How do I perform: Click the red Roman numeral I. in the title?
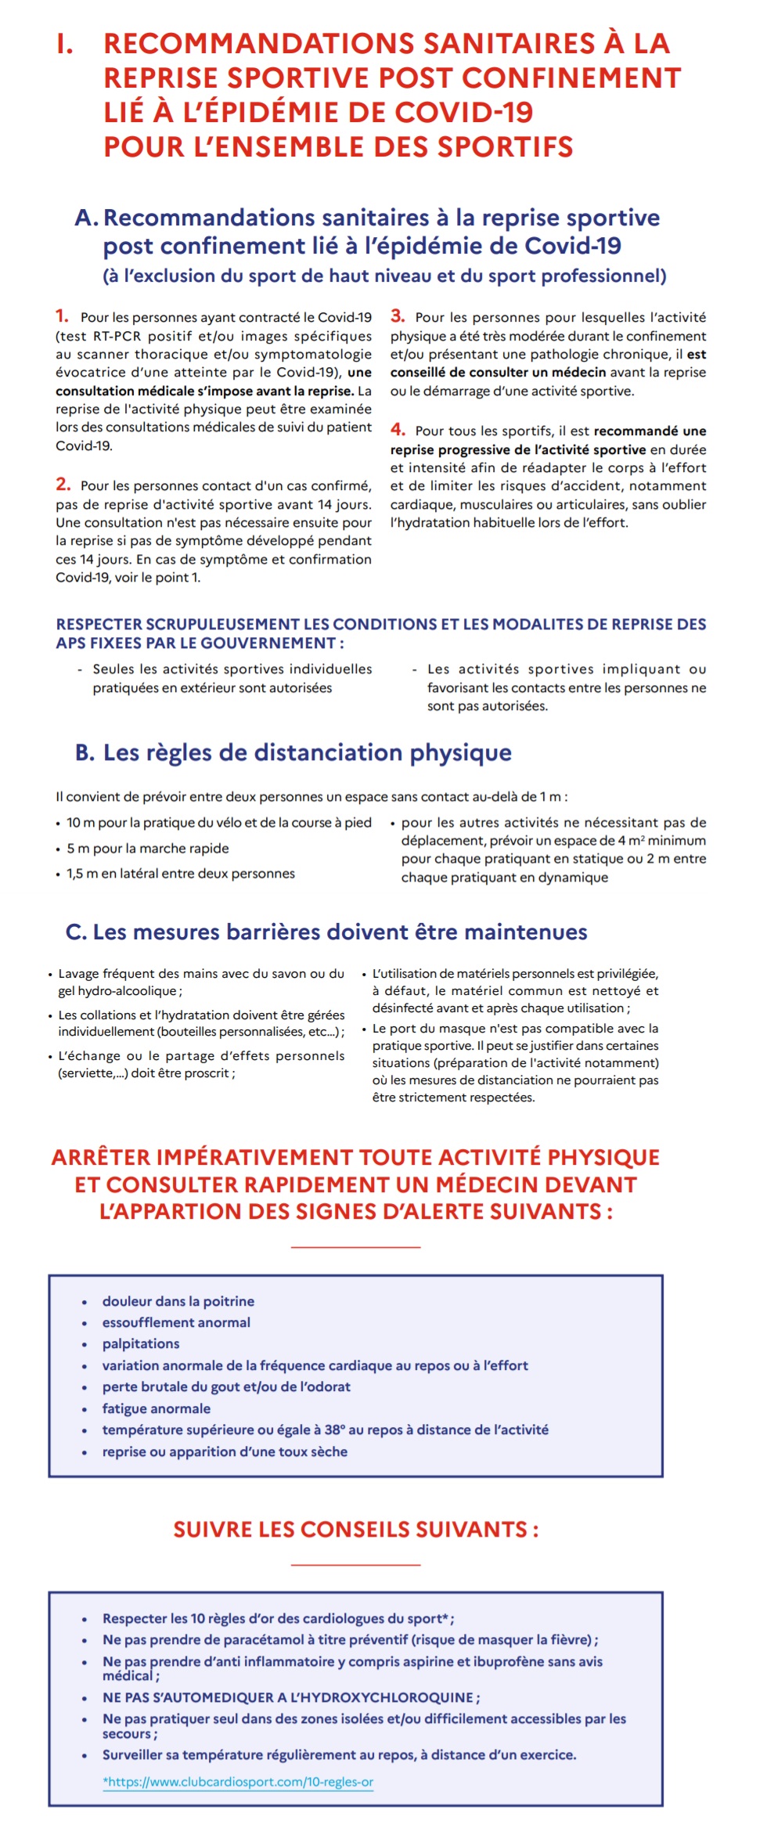click(66, 45)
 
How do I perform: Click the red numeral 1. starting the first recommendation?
click(62, 316)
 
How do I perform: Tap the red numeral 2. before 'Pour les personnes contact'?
click(63, 485)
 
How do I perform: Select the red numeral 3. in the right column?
click(398, 316)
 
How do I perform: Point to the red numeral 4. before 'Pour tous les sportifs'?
click(398, 430)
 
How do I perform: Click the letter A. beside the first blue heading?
click(86, 218)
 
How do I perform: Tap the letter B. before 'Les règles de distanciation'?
click(85, 753)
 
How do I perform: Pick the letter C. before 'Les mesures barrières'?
click(76, 932)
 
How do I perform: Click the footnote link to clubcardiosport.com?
click(238, 1782)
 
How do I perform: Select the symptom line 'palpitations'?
click(141, 1343)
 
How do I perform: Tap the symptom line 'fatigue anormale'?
click(157, 1408)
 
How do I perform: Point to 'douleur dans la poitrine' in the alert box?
click(178, 1301)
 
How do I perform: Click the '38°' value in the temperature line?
click(335, 1429)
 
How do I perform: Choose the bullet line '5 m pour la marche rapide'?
click(148, 849)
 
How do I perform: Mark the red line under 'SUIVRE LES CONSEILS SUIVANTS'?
click(355, 1565)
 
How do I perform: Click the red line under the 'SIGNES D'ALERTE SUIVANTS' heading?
click(355, 1247)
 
